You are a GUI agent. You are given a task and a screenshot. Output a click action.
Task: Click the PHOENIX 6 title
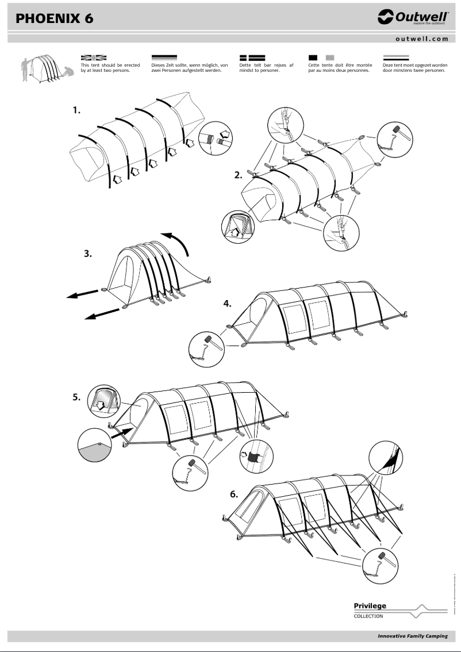(55, 19)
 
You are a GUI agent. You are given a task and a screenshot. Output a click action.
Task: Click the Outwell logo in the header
(413, 18)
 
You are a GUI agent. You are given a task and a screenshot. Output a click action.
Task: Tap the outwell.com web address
(421, 39)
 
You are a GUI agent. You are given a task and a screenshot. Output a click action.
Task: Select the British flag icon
(94, 57)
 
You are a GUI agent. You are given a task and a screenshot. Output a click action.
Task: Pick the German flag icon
(164, 57)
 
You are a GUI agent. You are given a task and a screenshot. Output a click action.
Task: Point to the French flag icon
(321, 57)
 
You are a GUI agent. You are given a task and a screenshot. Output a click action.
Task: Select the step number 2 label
(238, 175)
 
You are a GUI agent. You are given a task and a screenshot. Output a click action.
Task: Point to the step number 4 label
(227, 303)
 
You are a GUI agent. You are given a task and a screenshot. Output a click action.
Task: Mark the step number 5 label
(76, 396)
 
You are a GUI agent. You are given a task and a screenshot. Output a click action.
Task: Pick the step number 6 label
(233, 493)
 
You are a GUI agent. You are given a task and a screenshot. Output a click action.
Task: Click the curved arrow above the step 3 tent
(178, 241)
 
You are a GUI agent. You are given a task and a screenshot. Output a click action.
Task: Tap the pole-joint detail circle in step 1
(216, 139)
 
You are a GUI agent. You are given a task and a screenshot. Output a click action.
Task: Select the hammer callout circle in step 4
(206, 348)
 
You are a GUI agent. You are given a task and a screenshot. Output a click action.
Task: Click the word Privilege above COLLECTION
(370, 605)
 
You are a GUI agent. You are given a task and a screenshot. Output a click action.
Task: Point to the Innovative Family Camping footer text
(412, 636)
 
